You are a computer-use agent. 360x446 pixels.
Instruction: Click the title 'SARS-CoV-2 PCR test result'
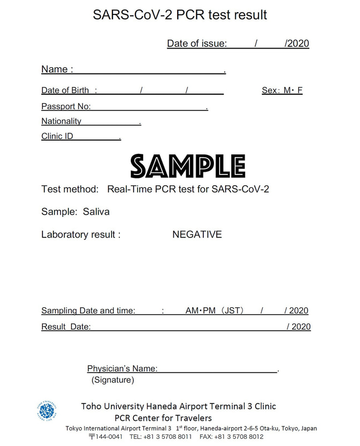tap(180, 15)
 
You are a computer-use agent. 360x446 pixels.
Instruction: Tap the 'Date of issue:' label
tap(197, 43)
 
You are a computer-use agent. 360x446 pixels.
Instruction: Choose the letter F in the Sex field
tap(300, 90)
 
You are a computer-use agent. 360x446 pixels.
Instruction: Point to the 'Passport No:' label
tap(66, 106)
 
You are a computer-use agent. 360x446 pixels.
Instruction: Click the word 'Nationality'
tap(61, 121)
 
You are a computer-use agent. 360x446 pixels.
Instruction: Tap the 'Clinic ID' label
tap(57, 136)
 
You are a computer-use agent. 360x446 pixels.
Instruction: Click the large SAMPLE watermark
tap(188, 166)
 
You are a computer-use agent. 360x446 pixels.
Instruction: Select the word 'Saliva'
tap(96, 212)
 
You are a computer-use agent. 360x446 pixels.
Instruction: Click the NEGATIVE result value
tap(197, 235)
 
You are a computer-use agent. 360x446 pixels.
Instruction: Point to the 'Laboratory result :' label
tap(81, 235)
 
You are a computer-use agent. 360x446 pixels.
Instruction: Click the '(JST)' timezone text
tap(230, 311)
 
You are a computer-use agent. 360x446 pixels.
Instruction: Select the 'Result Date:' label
tap(66, 327)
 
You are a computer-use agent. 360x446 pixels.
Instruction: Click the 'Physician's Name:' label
tap(122, 369)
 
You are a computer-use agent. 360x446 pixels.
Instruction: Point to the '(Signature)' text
tap(112, 380)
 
